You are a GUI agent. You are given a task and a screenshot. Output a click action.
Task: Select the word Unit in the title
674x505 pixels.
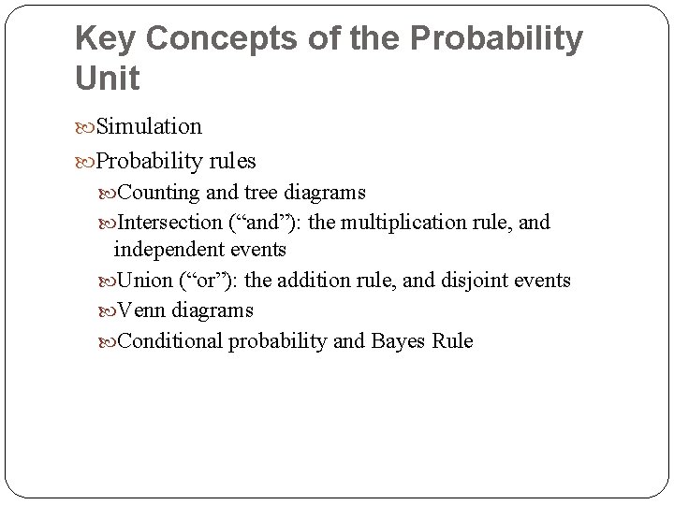coord(107,79)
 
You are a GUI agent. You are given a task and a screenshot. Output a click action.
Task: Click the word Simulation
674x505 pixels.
coord(150,125)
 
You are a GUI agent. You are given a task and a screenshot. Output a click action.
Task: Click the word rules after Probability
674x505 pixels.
coord(232,161)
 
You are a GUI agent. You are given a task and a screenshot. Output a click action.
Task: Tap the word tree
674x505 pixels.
coord(259,193)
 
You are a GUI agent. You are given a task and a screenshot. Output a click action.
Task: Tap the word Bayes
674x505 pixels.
coord(401,340)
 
